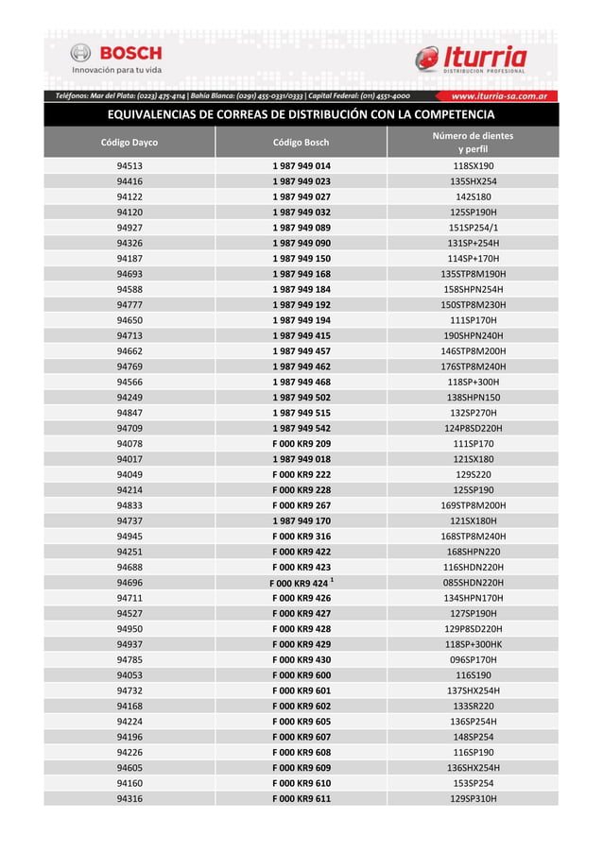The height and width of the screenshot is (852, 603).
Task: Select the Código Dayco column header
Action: (129, 143)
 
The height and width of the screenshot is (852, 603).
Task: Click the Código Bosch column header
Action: (301, 143)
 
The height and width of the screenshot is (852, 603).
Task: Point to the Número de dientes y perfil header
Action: (473, 143)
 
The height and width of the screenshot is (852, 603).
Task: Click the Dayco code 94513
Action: (129, 166)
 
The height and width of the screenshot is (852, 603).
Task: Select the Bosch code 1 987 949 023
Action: (301, 181)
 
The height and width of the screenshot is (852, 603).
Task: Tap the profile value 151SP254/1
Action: (473, 228)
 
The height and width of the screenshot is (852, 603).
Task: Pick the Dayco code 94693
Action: (129, 274)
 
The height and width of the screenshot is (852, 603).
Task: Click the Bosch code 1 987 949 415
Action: (301, 335)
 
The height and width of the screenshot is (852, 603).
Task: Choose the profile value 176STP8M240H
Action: (473, 366)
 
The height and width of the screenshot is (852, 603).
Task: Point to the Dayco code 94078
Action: (129, 443)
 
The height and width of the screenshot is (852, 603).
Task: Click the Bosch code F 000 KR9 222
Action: (301, 474)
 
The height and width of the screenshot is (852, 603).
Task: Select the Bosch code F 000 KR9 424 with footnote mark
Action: (301, 583)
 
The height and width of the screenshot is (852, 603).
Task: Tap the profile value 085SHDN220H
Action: (473, 583)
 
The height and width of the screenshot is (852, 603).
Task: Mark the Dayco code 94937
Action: (129, 644)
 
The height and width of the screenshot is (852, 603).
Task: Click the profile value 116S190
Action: (473, 675)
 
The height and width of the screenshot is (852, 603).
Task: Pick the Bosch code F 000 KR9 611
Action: (301, 799)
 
